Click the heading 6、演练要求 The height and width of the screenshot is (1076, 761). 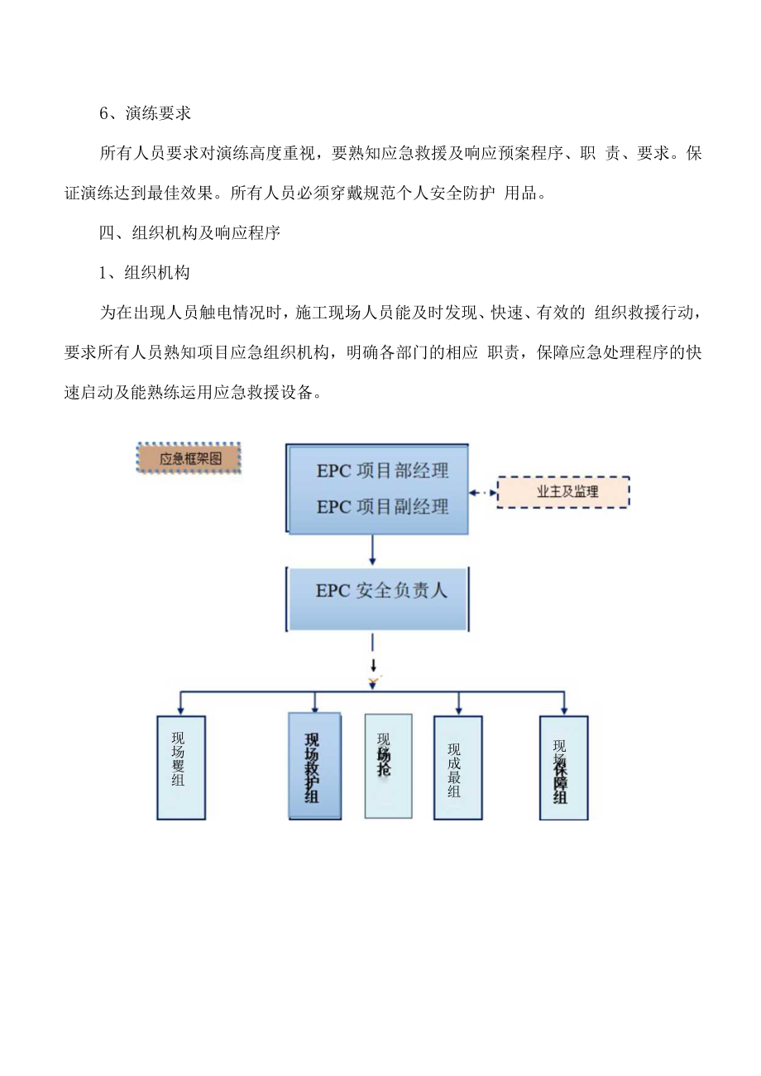(146, 114)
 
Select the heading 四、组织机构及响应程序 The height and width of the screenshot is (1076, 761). (190, 233)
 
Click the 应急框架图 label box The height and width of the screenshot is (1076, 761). (189, 457)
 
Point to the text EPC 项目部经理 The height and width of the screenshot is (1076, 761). (382, 471)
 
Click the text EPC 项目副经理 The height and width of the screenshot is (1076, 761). (382, 507)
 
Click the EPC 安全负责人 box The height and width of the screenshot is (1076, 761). (377, 591)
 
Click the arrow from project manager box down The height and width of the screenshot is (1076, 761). (373, 550)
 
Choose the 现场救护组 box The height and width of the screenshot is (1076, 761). (314, 766)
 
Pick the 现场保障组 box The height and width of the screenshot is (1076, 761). (563, 768)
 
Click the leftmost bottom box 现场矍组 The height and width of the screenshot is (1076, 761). (181, 768)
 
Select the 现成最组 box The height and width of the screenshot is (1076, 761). (457, 768)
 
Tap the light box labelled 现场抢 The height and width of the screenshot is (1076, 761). (388, 766)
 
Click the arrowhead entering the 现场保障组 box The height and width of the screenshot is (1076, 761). (564, 709)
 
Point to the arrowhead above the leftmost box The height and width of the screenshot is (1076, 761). (181, 709)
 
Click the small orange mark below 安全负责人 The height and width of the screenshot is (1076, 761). (374, 680)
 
